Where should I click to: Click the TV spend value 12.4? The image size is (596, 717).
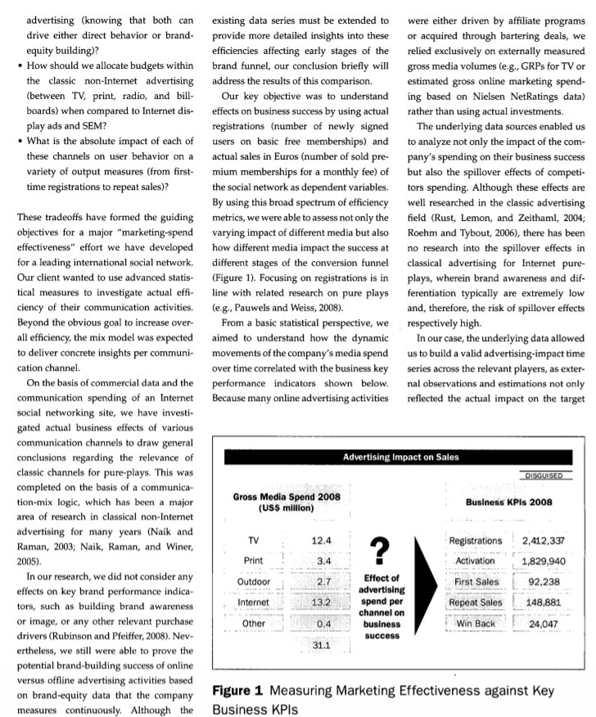click(x=321, y=540)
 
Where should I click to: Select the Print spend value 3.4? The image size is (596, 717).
click(x=321, y=561)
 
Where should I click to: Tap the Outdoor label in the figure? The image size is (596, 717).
click(x=253, y=583)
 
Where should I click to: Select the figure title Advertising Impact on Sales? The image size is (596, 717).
click(x=400, y=457)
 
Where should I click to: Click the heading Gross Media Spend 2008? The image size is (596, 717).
click(x=287, y=496)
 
